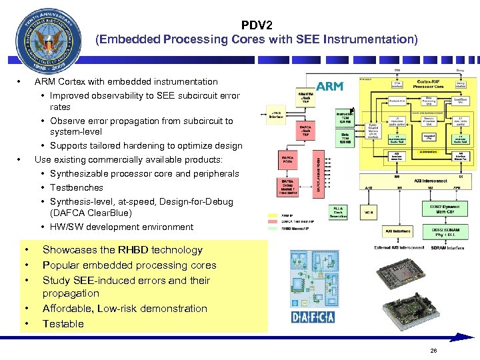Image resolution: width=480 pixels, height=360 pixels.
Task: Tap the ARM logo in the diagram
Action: (x=329, y=87)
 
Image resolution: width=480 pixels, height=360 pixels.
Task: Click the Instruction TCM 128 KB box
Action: (x=345, y=118)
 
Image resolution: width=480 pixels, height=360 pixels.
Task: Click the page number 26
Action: (x=434, y=351)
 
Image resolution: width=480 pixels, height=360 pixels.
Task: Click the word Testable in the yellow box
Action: (x=63, y=324)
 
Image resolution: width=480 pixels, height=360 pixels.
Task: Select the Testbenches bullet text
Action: (x=77, y=188)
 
